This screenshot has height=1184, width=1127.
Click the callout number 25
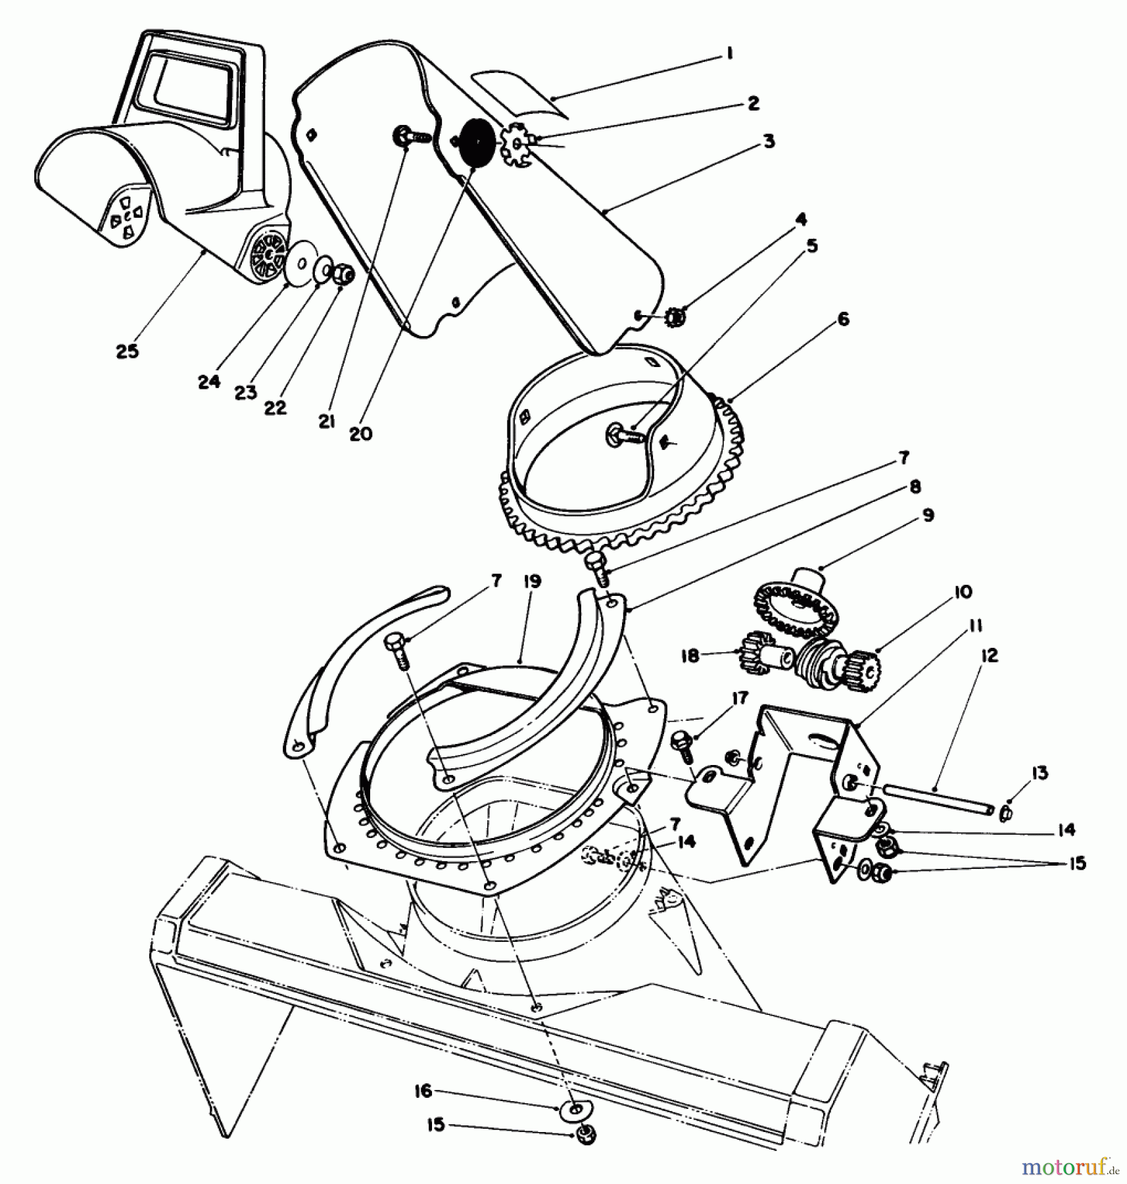pyautogui.click(x=128, y=351)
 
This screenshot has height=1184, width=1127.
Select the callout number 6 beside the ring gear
pyautogui.click(x=844, y=320)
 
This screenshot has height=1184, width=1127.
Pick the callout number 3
pyautogui.click(x=769, y=141)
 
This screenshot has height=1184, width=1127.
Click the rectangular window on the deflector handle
pyautogui.click(x=191, y=87)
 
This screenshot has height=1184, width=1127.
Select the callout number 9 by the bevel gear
pyautogui.click(x=927, y=515)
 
